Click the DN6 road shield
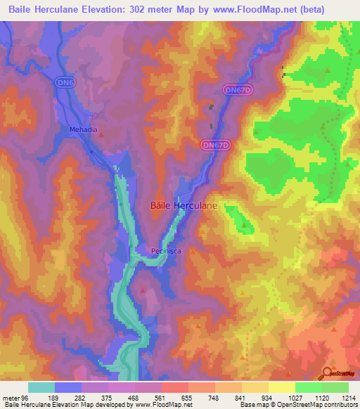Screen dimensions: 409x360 [x=65, y=83]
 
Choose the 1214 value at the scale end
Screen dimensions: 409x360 [x=349, y=397]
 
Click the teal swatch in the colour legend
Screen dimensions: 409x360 [x=41, y=387]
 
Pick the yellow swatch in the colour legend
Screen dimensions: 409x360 [x=281, y=387]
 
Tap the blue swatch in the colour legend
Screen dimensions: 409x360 [x=67, y=387]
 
